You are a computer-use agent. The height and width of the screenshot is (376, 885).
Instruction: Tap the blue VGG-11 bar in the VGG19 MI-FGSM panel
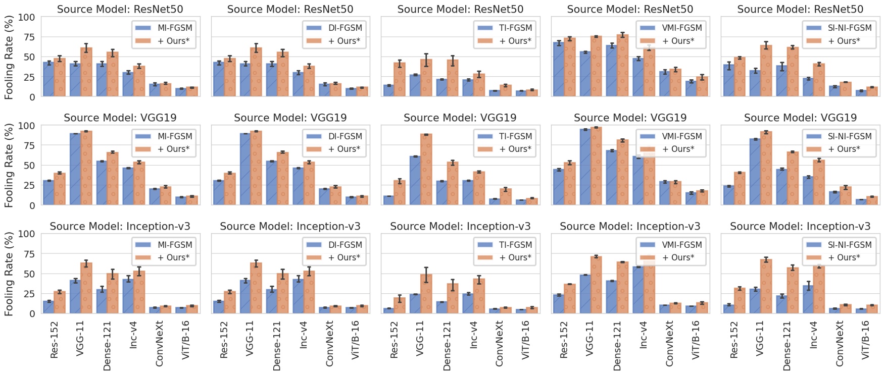75,169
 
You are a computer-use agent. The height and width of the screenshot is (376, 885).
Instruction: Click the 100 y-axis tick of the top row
26,17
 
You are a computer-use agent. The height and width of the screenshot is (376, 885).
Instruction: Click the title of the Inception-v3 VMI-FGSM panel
630,226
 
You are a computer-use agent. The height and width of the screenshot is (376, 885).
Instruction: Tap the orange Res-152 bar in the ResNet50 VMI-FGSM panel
570,67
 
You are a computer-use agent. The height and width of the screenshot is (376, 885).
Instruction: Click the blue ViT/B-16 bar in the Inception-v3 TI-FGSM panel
520,311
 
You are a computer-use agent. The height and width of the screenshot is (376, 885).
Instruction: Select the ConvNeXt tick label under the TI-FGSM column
499,343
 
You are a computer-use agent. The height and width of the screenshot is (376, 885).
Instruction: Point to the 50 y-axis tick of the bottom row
29,274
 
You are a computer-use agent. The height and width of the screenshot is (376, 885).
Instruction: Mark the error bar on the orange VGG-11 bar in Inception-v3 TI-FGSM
426,275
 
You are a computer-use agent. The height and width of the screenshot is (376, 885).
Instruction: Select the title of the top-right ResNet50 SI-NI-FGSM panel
800,9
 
